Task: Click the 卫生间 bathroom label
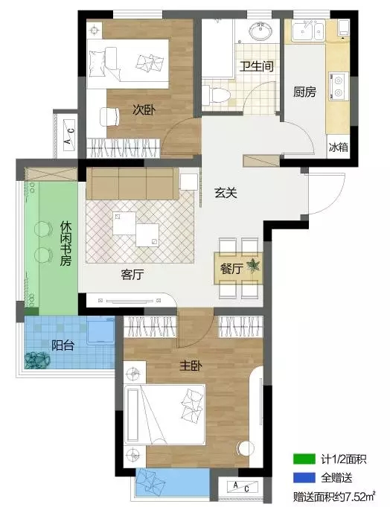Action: pos(257,66)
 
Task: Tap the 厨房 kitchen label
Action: pos(304,92)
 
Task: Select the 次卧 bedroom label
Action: pos(144,110)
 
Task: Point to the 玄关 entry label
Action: pos(226,193)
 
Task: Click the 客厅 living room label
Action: pos(132,274)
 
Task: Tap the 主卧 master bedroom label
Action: pos(191,366)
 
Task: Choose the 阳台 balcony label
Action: pos(63,345)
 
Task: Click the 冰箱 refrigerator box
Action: pos(338,147)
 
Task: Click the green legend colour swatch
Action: pos(304,459)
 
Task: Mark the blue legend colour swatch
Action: pos(304,477)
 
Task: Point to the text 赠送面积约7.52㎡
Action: pos(333,496)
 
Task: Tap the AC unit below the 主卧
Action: pos(243,488)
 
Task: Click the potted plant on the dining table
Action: pos(253,266)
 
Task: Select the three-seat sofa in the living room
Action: pos(132,183)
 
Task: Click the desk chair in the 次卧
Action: pos(109,117)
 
